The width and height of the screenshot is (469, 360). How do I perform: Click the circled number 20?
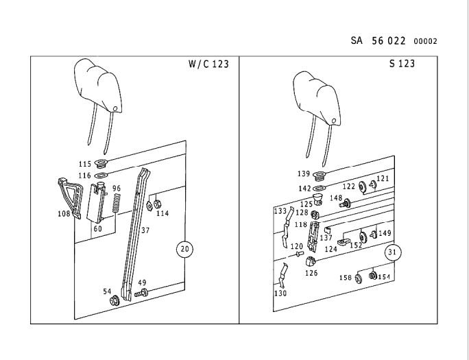point(185,249)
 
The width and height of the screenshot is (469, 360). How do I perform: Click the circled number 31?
point(392,252)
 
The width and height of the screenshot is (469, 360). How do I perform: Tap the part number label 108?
point(64,213)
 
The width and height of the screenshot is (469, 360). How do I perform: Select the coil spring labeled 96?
point(117,203)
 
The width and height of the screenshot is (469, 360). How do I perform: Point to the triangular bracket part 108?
point(70,198)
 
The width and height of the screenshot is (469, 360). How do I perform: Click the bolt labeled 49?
point(141,293)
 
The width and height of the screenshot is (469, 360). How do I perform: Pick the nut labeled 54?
point(115,300)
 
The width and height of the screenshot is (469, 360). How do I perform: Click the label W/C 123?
point(208,64)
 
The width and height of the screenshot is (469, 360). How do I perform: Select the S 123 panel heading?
point(402,64)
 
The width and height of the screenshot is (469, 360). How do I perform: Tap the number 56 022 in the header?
point(389,40)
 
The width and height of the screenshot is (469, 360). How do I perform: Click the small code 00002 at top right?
point(425,41)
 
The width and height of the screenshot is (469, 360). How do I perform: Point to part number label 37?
point(145,230)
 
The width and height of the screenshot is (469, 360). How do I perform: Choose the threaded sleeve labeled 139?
point(320,176)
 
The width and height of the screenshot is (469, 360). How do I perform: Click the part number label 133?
point(280,211)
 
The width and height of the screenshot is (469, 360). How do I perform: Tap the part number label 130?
point(280,293)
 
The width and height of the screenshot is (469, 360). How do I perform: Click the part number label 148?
point(336,198)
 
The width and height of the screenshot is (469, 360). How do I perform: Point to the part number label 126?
point(311,273)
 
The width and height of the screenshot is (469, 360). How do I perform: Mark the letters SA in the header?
point(357,40)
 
